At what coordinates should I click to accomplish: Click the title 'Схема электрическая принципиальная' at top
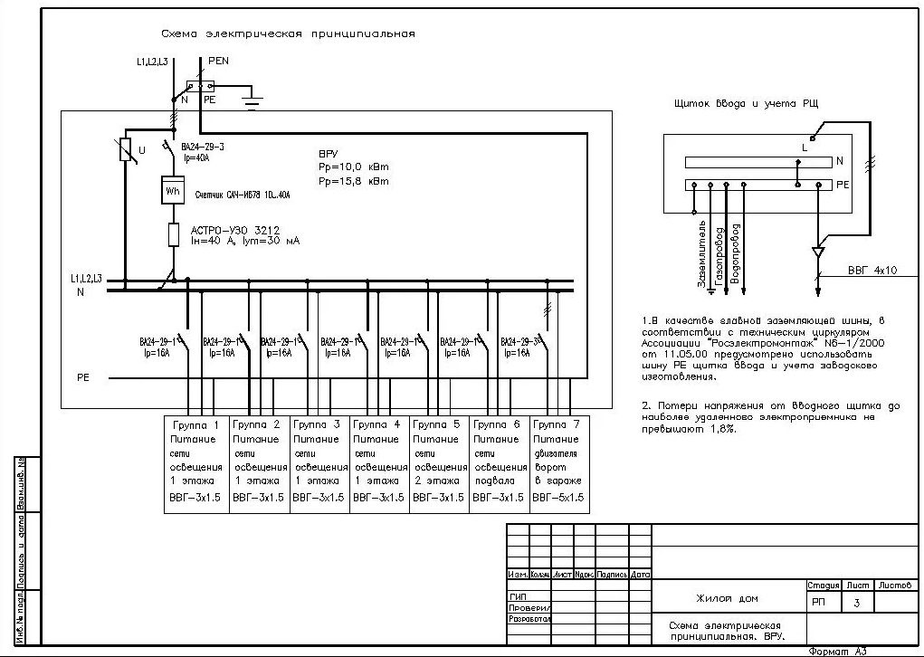point(288,33)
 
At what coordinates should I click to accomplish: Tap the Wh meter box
point(172,191)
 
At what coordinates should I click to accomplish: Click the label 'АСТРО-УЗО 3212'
point(230,229)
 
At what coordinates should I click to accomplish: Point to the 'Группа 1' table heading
point(196,424)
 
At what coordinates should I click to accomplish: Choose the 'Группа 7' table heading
point(558,424)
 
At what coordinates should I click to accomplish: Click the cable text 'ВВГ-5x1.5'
point(558,497)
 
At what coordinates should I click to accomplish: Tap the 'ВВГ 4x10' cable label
point(872,270)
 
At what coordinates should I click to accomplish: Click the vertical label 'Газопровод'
point(719,256)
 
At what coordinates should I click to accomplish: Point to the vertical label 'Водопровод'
point(736,254)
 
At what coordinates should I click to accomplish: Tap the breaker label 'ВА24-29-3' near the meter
point(203,146)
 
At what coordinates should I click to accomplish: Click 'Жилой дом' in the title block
point(728,598)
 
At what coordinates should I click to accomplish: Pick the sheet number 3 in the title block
point(858,601)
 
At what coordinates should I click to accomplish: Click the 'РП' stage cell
point(819,601)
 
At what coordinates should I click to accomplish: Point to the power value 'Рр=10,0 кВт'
point(353,167)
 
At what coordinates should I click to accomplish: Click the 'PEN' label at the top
point(218,60)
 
